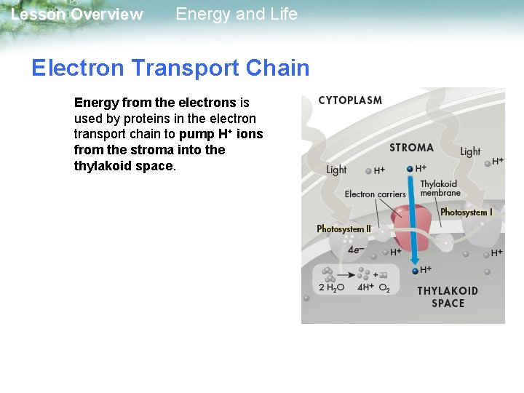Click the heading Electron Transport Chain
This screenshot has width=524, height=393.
(x=170, y=68)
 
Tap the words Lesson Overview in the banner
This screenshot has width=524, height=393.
(x=77, y=15)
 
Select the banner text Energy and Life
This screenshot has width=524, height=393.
(x=237, y=14)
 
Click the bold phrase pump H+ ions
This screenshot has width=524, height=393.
(x=221, y=134)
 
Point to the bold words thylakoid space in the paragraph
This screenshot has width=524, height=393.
(x=124, y=165)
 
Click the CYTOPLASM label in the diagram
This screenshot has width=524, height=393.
(x=350, y=100)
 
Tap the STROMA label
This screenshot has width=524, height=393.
(x=411, y=148)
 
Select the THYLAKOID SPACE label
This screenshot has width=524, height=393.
(x=448, y=297)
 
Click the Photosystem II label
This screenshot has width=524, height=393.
(x=344, y=229)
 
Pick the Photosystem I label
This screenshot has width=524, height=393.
(x=467, y=213)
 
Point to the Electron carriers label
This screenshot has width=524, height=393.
(x=375, y=194)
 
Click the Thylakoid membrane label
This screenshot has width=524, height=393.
(x=440, y=188)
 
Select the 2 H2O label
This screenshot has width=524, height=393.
(x=332, y=287)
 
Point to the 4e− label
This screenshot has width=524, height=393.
(x=356, y=250)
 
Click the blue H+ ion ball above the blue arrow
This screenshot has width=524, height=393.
(x=410, y=169)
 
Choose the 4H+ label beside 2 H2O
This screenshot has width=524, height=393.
(x=365, y=287)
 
